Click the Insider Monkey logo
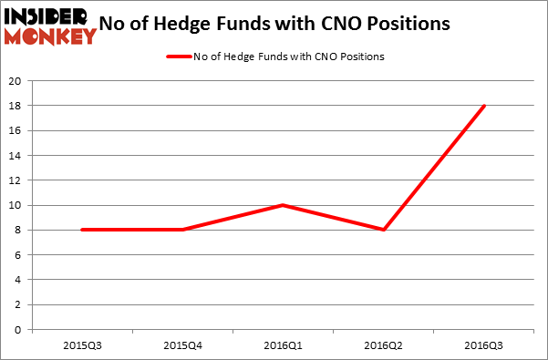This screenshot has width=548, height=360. coord(49,26)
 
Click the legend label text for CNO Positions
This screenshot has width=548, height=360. coord(290,57)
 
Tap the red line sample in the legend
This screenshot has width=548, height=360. coord(179,57)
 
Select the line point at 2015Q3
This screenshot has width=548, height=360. coord(82,230)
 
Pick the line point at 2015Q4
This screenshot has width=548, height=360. coord(182,230)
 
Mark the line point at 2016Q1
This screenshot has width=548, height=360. coord(284,205)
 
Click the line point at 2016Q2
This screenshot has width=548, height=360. coord(384,230)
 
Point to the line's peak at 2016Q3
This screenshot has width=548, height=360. coord(484,106)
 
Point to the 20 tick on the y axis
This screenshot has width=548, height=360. coord(16,80)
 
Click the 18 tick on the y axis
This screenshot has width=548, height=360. coord(16,106)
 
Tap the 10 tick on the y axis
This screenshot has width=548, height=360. coord(16,205)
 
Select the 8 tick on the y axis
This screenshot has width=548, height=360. coord(19,230)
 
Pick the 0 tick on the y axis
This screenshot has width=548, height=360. coord(19,330)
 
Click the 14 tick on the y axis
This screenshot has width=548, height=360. coord(16,155)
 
